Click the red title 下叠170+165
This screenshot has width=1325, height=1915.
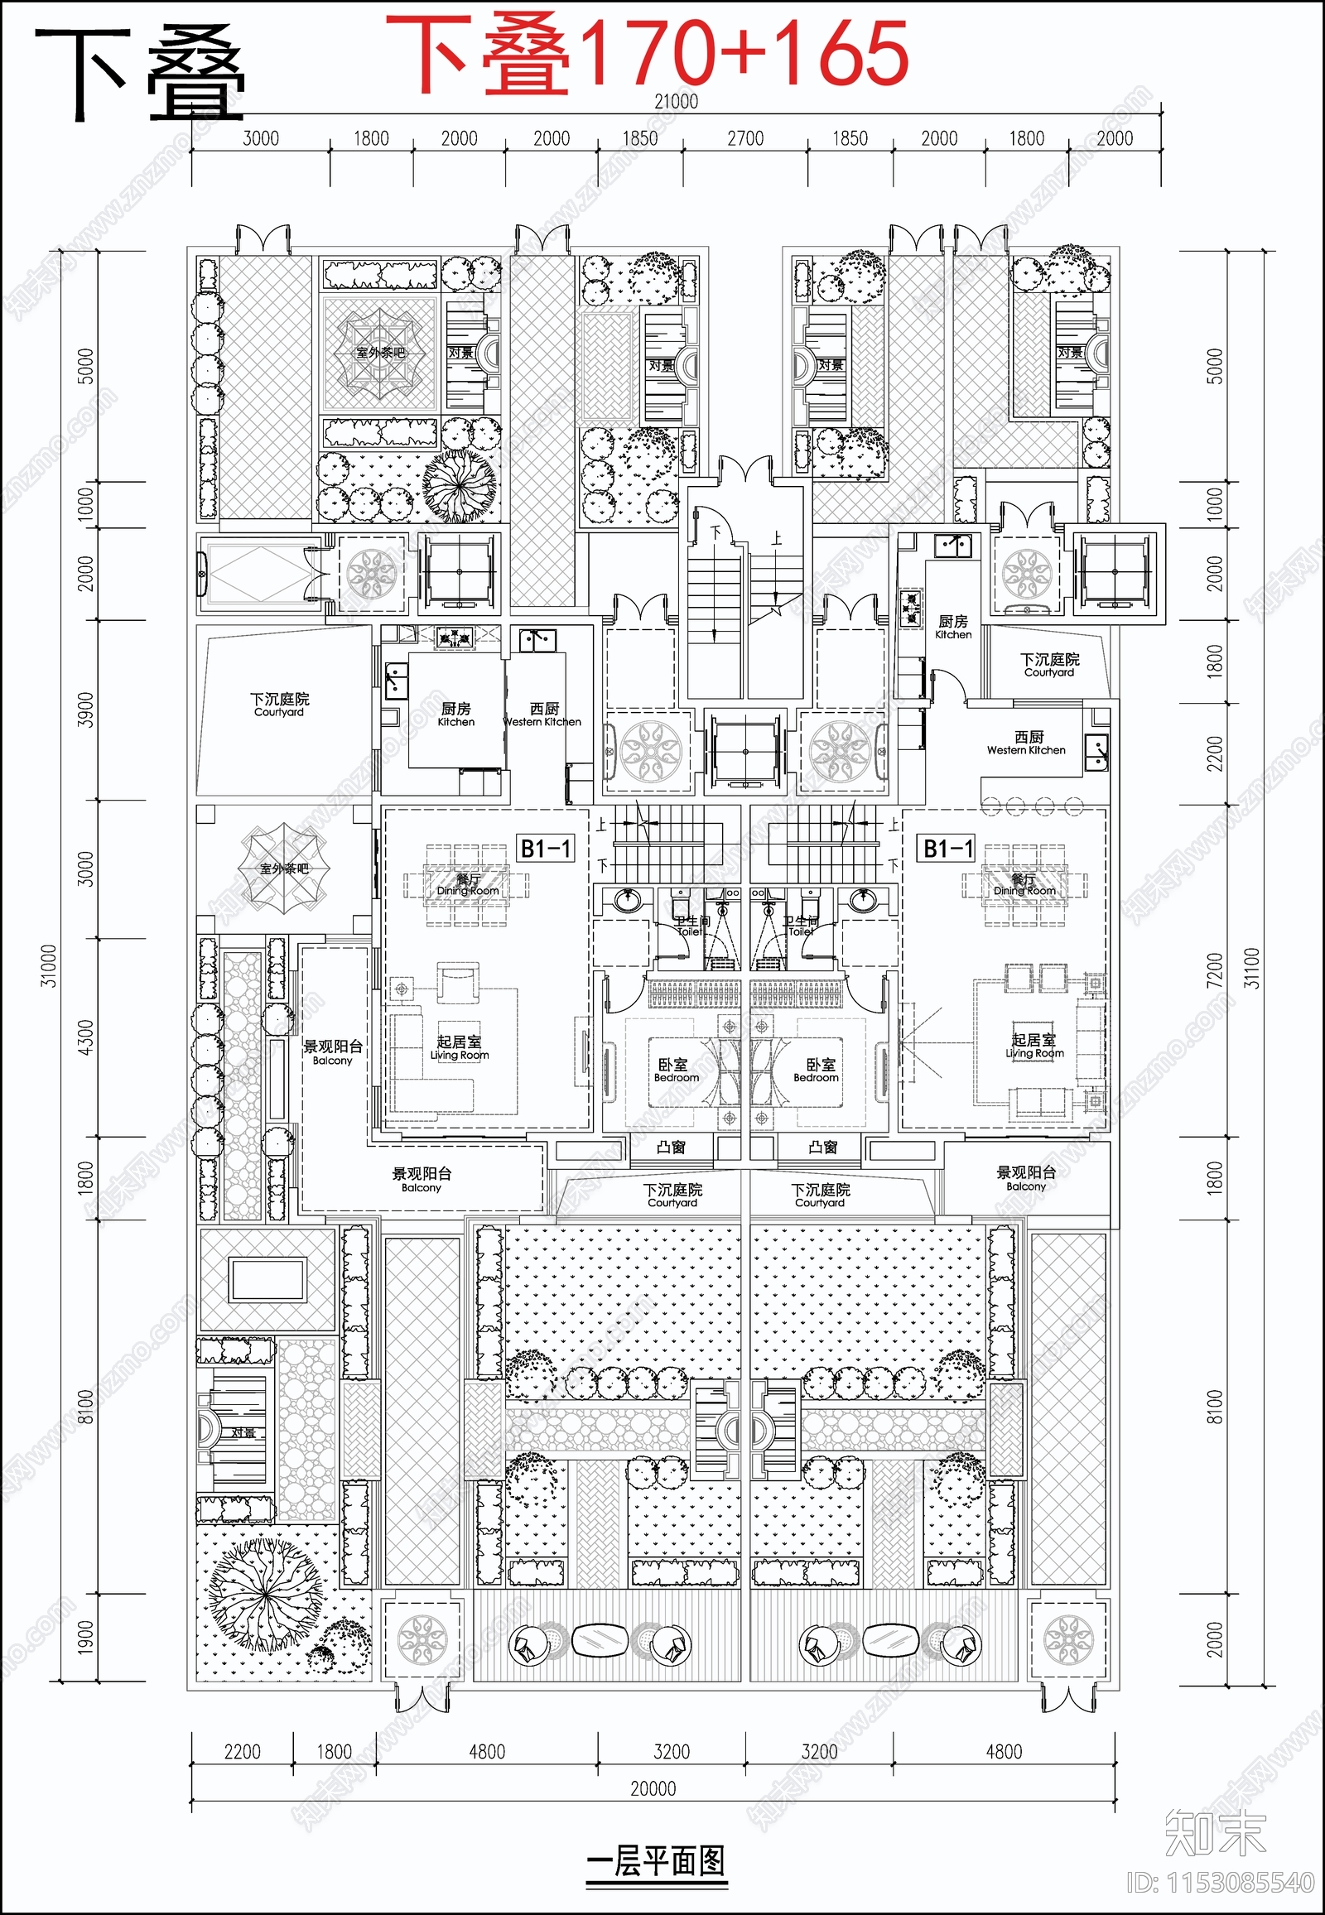tap(648, 54)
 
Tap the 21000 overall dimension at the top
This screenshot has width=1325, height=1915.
tap(676, 101)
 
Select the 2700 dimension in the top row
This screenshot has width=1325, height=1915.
tap(744, 138)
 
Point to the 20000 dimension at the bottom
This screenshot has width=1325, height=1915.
tap(653, 1788)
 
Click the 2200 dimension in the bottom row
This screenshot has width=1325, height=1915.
tap(242, 1751)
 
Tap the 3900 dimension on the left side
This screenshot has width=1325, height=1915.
tap(85, 710)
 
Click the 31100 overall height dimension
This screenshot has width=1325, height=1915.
tap(1252, 968)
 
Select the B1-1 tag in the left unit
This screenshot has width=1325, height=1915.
tap(545, 849)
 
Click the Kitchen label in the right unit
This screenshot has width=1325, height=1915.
tap(953, 627)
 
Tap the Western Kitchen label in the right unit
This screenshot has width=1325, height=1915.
tap(1027, 743)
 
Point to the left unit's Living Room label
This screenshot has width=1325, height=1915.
tap(459, 1047)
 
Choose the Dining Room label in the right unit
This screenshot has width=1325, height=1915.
tap(1024, 885)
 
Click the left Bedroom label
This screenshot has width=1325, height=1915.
tap(675, 1071)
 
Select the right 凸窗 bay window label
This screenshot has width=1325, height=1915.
tap(822, 1148)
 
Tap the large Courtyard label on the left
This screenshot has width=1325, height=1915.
tap(279, 705)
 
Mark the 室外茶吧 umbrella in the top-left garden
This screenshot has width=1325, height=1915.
tap(380, 353)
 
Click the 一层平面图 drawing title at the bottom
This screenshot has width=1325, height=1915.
tap(656, 1860)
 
